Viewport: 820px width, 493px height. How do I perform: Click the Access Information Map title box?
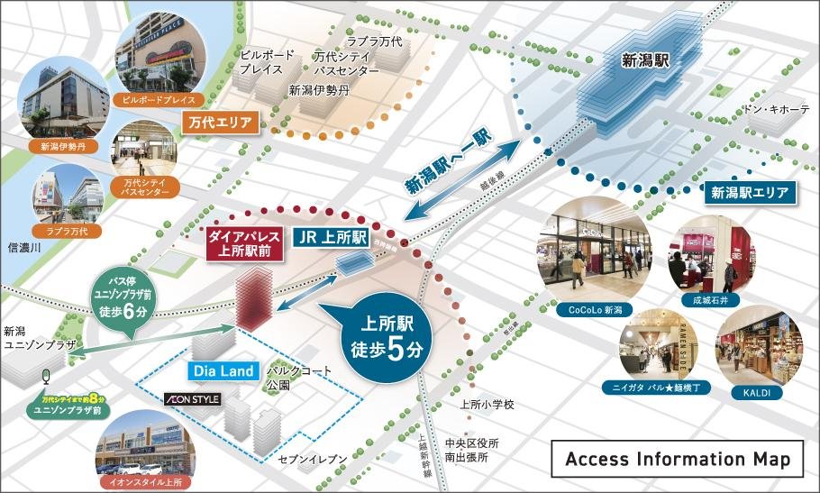[677, 460]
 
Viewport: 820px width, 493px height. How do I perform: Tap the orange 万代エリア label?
[221, 121]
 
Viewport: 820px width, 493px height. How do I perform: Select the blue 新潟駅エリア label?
[749, 192]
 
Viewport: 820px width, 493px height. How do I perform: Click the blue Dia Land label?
[225, 370]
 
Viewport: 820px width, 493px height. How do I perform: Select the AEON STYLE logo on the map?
[191, 398]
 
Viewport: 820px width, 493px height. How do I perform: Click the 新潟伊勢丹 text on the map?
[318, 90]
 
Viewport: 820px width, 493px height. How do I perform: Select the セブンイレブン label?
[312, 460]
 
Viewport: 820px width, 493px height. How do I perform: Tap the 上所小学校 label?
[487, 405]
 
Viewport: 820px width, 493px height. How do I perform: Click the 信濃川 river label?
[24, 247]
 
